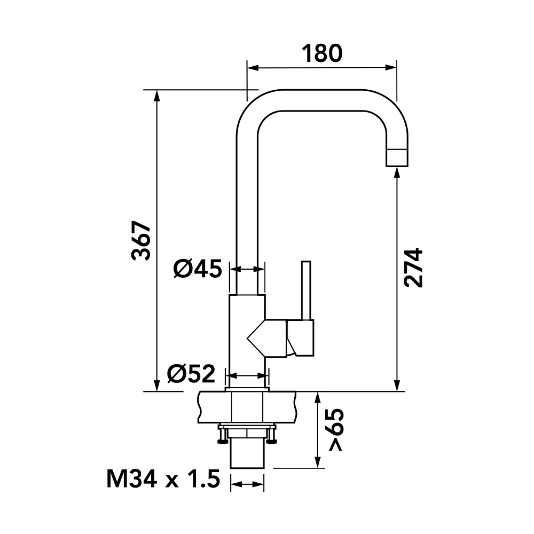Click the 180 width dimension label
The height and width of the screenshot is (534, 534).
322,53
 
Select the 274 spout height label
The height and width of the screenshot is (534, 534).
413,268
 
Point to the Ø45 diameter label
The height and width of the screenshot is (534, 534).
198,269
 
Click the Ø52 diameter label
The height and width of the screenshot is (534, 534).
192,374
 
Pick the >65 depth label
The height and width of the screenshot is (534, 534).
336,430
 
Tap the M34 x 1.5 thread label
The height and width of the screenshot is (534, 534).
163,479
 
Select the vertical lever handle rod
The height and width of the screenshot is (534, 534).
306,290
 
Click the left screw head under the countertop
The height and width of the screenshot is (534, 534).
222,442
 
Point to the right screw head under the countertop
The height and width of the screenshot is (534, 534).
272,442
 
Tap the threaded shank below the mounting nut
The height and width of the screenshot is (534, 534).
247,453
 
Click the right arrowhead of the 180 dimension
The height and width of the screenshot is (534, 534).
391,68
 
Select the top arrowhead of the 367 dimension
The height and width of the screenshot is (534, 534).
156,96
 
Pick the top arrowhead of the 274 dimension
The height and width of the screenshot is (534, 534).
397,174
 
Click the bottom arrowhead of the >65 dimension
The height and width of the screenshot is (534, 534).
318,462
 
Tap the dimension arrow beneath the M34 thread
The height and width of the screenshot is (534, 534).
247,484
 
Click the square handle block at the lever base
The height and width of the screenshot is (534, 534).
300,338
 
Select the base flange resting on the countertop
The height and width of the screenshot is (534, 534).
247,389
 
